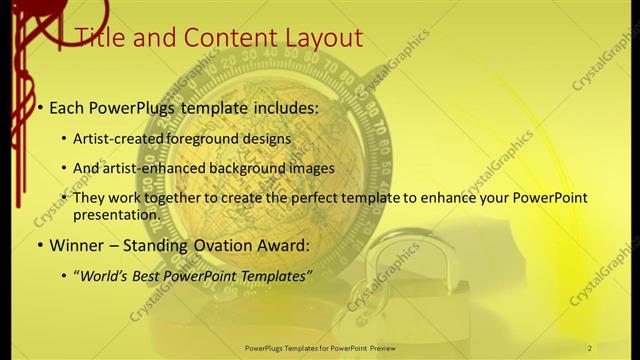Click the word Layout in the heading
click(x=319, y=38)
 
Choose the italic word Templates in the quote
click(x=276, y=274)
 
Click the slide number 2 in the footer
click(x=590, y=347)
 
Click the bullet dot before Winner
click(x=39, y=245)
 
